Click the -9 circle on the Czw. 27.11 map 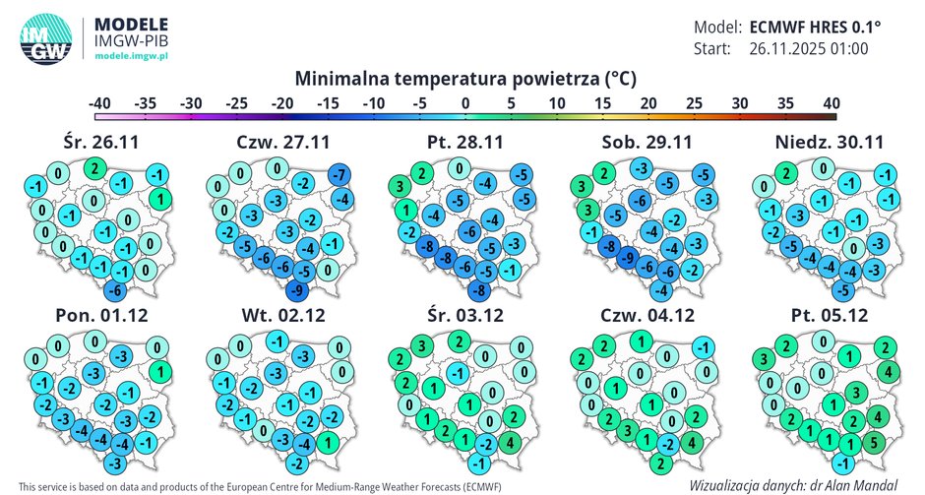[295, 290]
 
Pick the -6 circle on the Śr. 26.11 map [114, 289]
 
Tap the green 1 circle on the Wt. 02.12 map [325, 441]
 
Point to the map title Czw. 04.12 [648, 316]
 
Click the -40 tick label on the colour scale [98, 103]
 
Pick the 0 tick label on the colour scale [463, 103]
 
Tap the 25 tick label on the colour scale [694, 103]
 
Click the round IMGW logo [42, 41]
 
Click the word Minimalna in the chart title [342, 77]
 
